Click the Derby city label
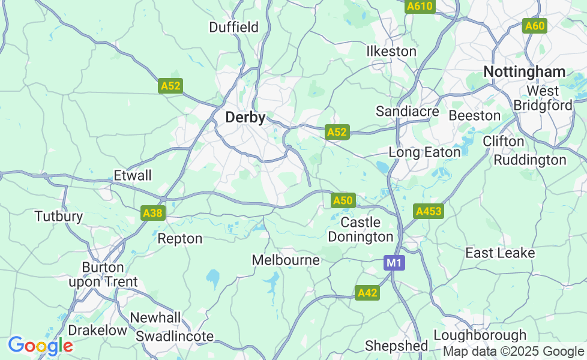tap(245, 118)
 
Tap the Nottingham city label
tap(524, 72)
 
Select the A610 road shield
tap(420, 6)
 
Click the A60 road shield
tap(534, 26)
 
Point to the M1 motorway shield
tap(394, 263)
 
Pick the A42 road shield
tap(367, 293)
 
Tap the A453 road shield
tap(429, 211)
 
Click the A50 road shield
tap(343, 200)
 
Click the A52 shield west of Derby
tap(170, 86)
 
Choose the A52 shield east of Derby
tap(337, 133)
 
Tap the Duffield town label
tap(233, 27)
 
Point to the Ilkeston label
tap(391, 52)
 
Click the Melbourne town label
tap(286, 260)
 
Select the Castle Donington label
tap(361, 230)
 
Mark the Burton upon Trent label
tap(103, 275)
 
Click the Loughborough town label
tap(480, 335)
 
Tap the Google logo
tap(40, 346)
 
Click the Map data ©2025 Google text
tap(513, 352)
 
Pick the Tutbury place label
tap(58, 216)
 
